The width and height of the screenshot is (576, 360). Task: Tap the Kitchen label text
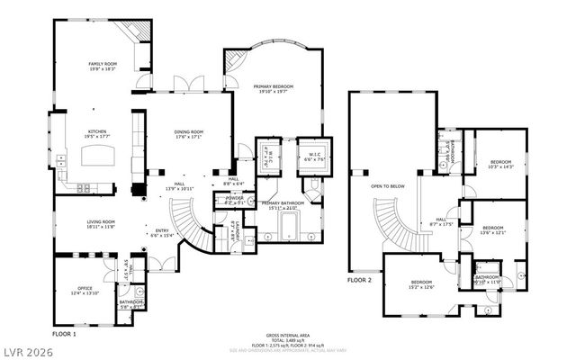[x=97, y=133]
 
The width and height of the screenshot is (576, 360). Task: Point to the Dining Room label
[x=188, y=133]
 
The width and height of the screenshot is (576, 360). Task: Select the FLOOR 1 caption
[x=65, y=333]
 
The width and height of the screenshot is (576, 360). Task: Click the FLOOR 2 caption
[x=360, y=280]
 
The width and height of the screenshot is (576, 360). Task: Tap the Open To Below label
[x=389, y=186]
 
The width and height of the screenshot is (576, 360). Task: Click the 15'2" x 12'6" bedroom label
[x=422, y=284]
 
